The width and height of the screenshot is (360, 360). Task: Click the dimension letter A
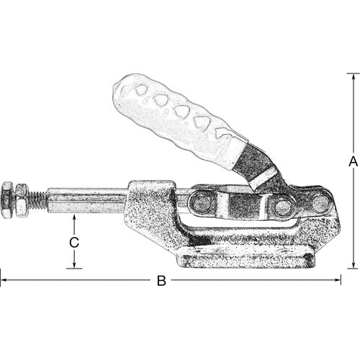click(x=353, y=163)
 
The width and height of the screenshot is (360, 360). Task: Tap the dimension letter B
click(x=161, y=280)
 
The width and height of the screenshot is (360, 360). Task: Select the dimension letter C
click(x=73, y=243)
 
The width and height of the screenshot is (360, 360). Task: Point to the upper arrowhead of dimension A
click(x=353, y=75)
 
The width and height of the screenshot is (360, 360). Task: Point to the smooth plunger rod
click(x=86, y=199)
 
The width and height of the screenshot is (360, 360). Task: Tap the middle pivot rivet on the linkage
click(x=283, y=207)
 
